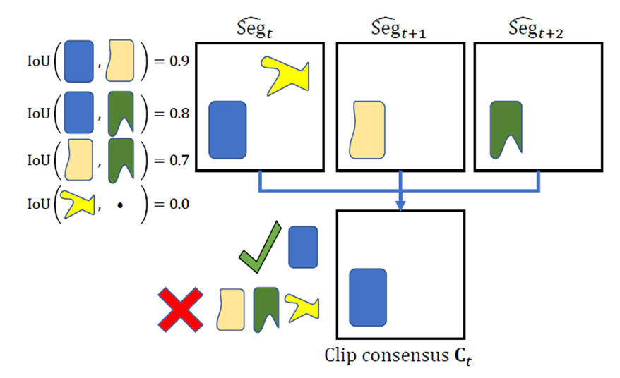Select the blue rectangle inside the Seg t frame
[227, 130]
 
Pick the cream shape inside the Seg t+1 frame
[369, 130]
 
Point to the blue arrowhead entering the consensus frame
[400, 205]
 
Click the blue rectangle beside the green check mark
[303, 248]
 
